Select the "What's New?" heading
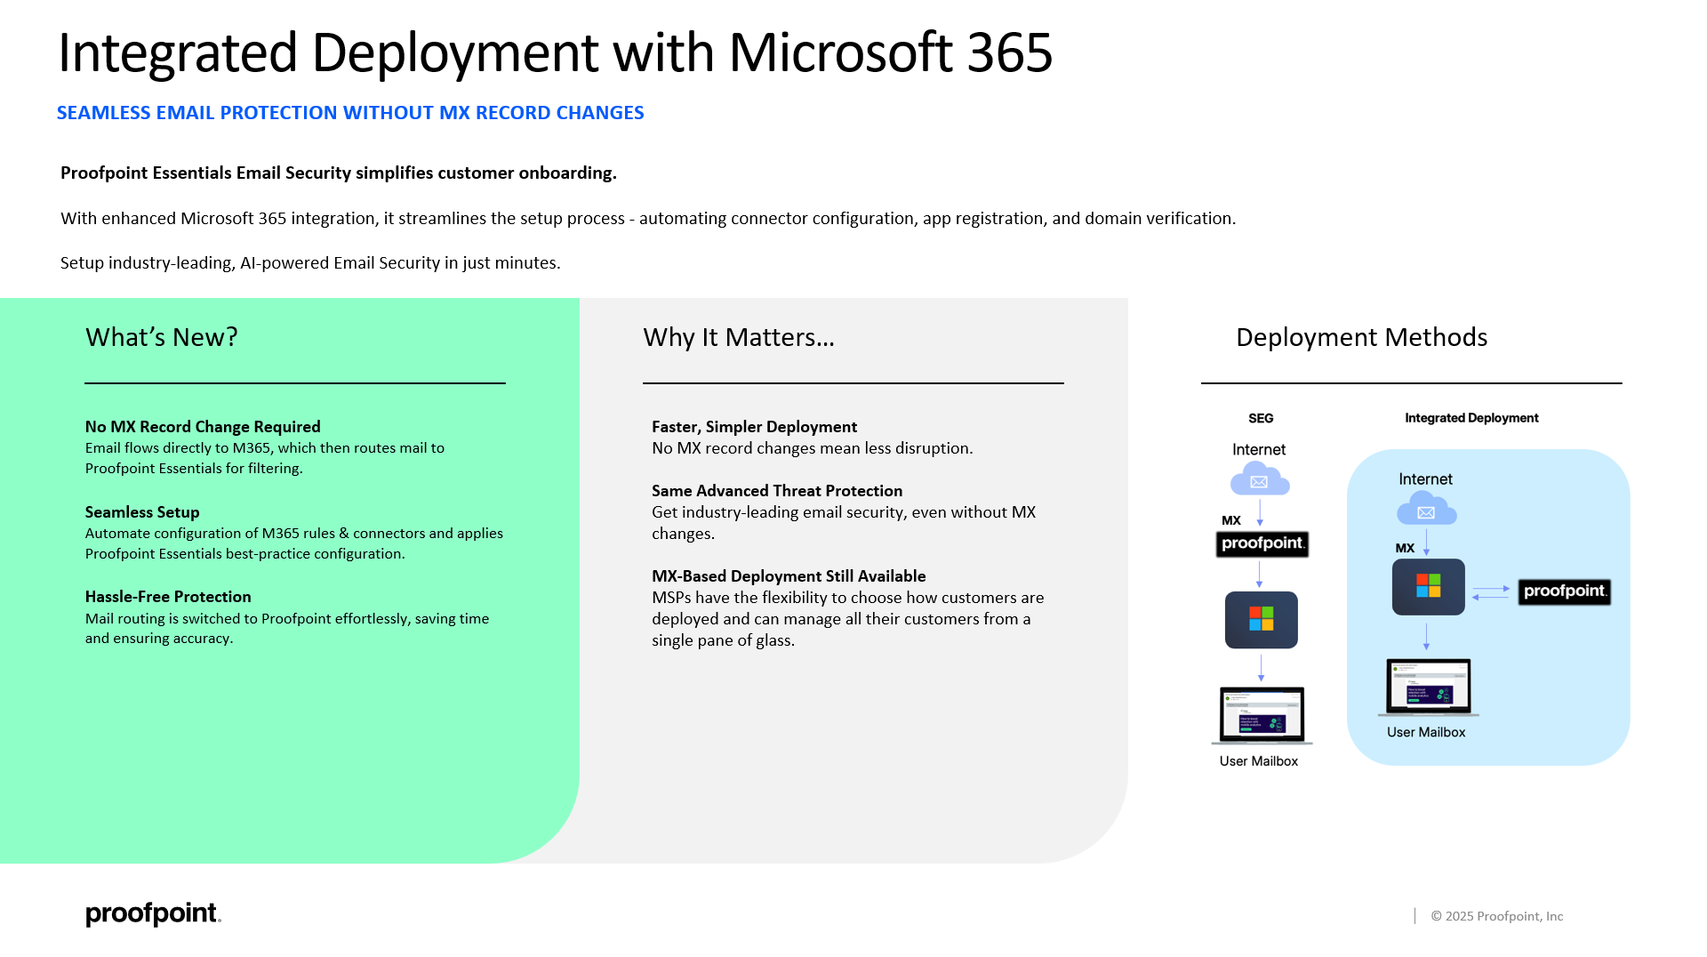click(162, 338)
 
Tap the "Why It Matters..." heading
click(739, 338)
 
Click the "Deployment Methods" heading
click(1361, 338)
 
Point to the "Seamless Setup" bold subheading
click(142, 512)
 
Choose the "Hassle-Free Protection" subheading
click(168, 597)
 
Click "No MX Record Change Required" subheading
click(203, 427)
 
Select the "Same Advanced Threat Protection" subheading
click(777, 491)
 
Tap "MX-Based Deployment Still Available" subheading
click(789, 576)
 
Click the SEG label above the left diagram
click(1261, 418)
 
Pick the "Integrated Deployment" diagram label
click(1471, 418)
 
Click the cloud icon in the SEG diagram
click(1260, 479)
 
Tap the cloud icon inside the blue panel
click(1427, 510)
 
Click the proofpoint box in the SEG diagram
click(1262, 543)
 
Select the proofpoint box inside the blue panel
click(1565, 591)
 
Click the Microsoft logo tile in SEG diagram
click(1262, 620)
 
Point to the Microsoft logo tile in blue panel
click(1429, 587)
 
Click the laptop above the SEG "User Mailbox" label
click(1262, 715)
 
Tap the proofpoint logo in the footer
click(153, 914)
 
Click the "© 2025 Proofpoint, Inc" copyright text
click(1497, 916)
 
